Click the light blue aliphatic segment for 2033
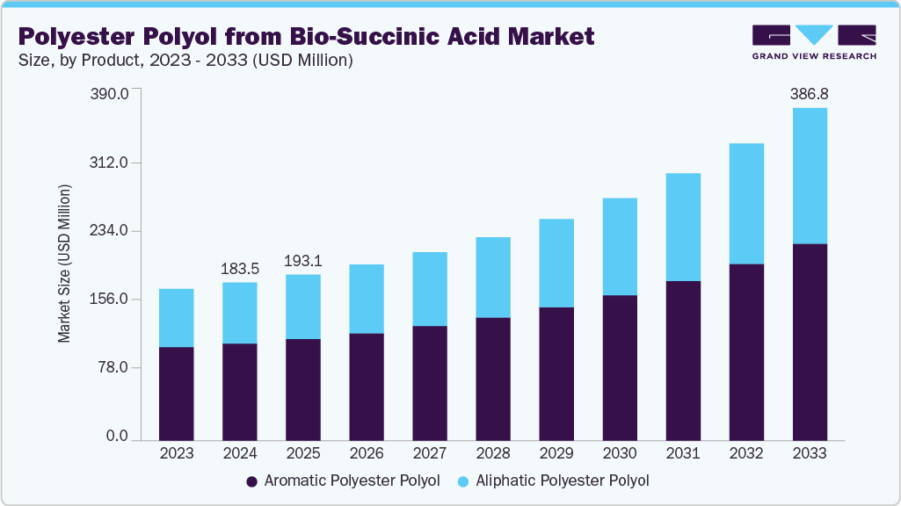(809, 176)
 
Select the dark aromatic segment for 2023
(176, 393)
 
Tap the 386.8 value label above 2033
(809, 92)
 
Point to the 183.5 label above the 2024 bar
(239, 267)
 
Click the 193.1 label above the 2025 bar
(303, 260)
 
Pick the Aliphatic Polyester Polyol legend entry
(553, 481)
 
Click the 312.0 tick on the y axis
(111, 163)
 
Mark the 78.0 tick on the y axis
(114, 367)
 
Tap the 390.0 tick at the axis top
(111, 93)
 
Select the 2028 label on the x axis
(492, 453)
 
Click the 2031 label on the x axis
(682, 453)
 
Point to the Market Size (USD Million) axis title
(64, 264)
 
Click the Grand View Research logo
(813, 41)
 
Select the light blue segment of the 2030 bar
(619, 246)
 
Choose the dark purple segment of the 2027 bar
(429, 382)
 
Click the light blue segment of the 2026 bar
(366, 299)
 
